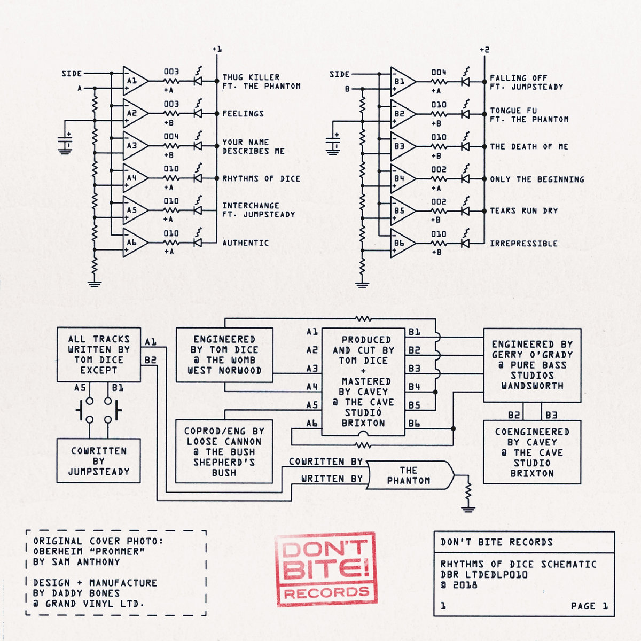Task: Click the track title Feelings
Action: coord(243,114)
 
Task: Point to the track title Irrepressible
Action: coord(523,244)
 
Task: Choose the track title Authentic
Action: coord(245,243)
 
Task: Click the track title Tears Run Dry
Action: coord(523,211)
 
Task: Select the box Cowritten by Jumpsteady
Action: coord(98,461)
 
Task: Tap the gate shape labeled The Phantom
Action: coord(409,475)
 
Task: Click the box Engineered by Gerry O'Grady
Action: coord(532,365)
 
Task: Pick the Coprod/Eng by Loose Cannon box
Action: coord(224,452)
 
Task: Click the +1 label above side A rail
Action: coord(216,49)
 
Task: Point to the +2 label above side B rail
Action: coord(484,50)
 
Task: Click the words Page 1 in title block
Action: coord(589,606)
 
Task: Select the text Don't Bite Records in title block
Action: coord(496,542)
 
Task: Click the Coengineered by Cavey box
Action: coord(532,452)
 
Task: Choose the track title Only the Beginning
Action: coord(537,179)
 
